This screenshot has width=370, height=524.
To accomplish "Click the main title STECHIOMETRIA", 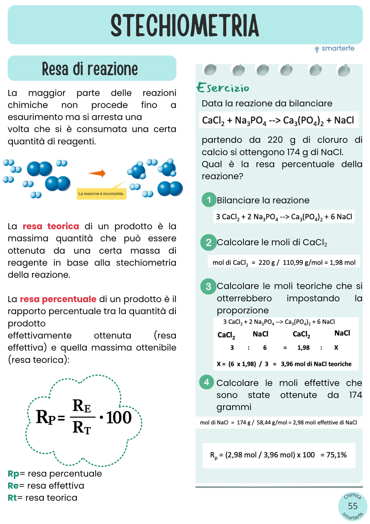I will pyautogui.click(x=185, y=26).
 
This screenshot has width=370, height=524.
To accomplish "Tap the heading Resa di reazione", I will pyautogui.click(x=90, y=69).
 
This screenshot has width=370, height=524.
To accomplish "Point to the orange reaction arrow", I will pyautogui.click(x=97, y=173).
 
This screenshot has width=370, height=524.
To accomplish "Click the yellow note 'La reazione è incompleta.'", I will pyautogui.click(x=101, y=194).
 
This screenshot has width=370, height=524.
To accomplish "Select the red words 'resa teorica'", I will pyautogui.click(x=51, y=226).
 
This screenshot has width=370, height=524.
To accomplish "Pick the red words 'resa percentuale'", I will pyautogui.click(x=58, y=299).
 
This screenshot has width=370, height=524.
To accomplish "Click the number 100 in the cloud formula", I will pyautogui.click(x=119, y=417).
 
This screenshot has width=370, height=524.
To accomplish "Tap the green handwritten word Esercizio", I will pyautogui.click(x=223, y=88).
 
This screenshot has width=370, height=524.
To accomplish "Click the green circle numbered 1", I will pyautogui.click(x=209, y=200).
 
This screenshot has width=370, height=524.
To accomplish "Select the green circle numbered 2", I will pyautogui.click(x=209, y=242).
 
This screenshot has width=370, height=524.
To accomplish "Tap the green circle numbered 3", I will pyautogui.click(x=209, y=286).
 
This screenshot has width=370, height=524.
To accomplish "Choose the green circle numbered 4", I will pyautogui.click(x=206, y=382).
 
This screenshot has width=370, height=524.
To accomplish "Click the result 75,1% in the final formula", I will pyautogui.click(x=337, y=455).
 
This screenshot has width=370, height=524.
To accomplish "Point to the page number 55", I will pyautogui.click(x=353, y=506).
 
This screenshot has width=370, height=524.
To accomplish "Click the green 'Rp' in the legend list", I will pyautogui.click(x=14, y=474).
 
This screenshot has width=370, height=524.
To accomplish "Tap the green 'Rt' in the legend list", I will pyautogui.click(x=12, y=498).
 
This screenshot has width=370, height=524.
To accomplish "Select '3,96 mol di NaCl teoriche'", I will pyautogui.click(x=316, y=364).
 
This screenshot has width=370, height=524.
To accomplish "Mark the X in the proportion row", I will pyautogui.click(x=336, y=348).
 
